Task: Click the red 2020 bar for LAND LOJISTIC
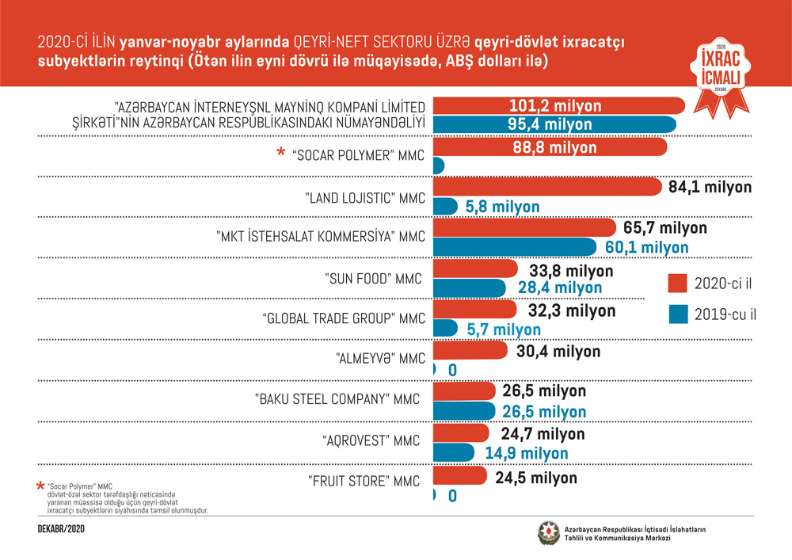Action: click(x=546, y=187)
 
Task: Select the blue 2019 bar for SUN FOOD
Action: click(x=470, y=288)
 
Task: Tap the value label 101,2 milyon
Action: click(x=555, y=105)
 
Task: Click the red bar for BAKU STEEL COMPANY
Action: click(x=464, y=391)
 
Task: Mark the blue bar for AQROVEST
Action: click(x=454, y=453)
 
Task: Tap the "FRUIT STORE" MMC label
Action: click(x=364, y=481)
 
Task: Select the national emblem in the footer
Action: click(x=547, y=533)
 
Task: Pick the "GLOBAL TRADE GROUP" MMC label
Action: click(x=344, y=318)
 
